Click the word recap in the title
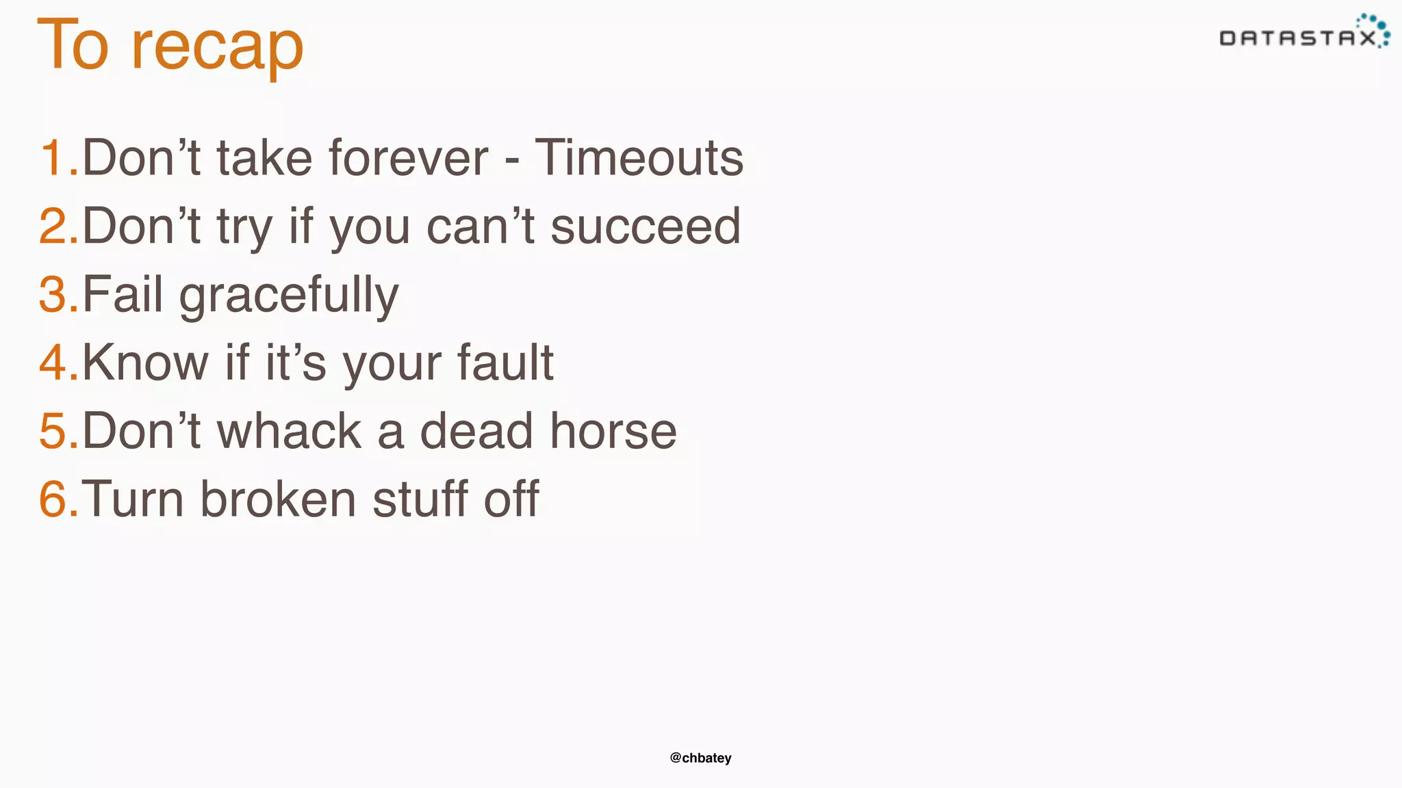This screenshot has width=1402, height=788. pyautogui.click(x=217, y=47)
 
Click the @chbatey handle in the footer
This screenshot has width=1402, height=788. pyautogui.click(x=700, y=758)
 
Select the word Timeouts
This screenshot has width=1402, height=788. pyautogui.click(x=639, y=158)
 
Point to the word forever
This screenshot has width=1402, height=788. pyautogui.click(x=409, y=158)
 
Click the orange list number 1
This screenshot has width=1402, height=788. pyautogui.click(x=53, y=158)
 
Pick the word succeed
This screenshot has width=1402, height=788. pyautogui.click(x=646, y=226)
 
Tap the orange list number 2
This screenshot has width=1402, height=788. pyautogui.click(x=53, y=226)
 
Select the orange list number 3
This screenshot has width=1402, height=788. pyautogui.click(x=53, y=295)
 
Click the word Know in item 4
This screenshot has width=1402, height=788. pyautogui.click(x=145, y=363)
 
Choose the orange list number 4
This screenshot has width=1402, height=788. pyautogui.click(x=53, y=363)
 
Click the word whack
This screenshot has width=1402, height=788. pyautogui.click(x=289, y=431)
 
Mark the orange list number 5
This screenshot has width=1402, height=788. pyautogui.click(x=53, y=431)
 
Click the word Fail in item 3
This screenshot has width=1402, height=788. pyautogui.click(x=123, y=295)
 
